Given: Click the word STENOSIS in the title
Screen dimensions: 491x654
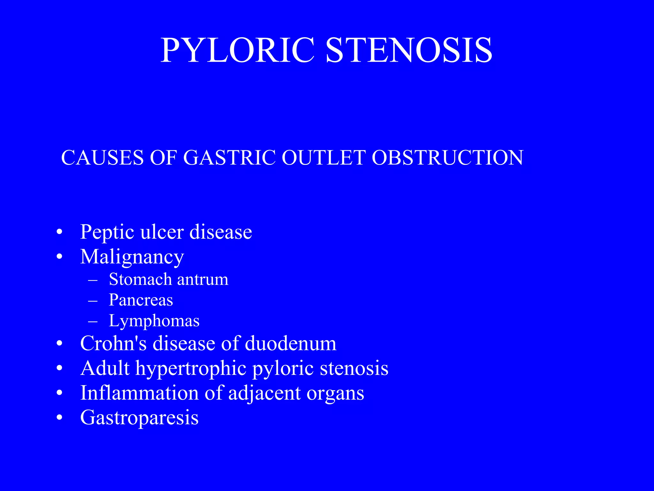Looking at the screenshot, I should [409, 51].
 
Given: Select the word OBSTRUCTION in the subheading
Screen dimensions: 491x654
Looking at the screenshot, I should [447, 158].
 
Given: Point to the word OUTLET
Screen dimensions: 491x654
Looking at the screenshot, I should [323, 158].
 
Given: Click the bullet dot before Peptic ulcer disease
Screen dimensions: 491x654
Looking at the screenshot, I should [59, 232].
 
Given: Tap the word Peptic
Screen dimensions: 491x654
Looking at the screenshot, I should [107, 232].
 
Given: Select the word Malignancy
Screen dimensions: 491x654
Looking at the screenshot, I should [132, 257].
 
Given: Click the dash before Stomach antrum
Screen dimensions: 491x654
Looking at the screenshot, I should [93, 280].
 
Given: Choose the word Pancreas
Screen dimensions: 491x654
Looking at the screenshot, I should [141, 300].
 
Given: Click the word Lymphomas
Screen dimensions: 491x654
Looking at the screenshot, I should [154, 321].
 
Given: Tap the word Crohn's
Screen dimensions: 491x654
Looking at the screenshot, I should [113, 344].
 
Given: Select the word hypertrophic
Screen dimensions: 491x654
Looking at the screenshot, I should [191, 369].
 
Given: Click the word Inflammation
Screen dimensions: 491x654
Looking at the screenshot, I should [140, 393].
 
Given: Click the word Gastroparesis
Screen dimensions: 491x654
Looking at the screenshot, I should [139, 418].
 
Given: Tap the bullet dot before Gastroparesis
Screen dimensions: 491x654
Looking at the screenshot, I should [59, 418].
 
